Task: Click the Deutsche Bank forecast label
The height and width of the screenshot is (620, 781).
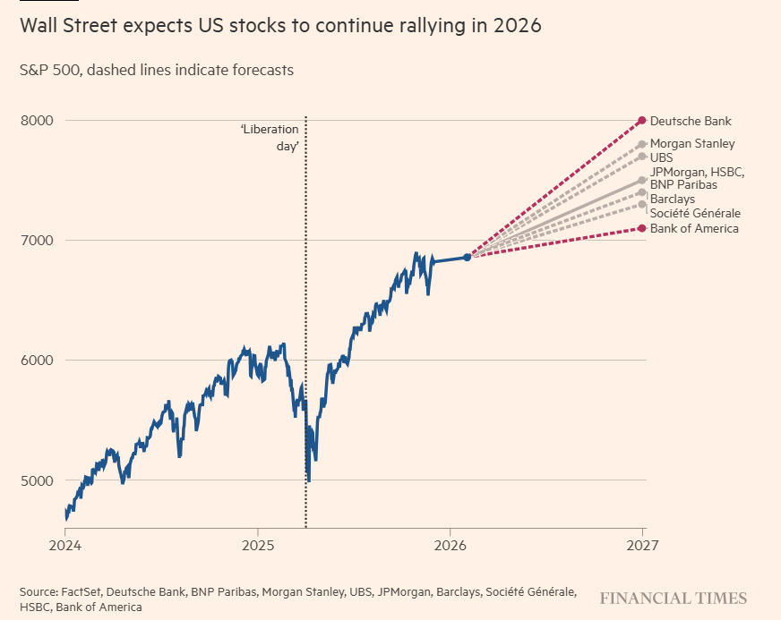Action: tap(691, 121)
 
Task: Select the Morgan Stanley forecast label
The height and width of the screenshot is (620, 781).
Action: tap(692, 143)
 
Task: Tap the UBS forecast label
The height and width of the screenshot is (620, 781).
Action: tap(661, 157)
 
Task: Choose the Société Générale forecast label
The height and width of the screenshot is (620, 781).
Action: tap(695, 213)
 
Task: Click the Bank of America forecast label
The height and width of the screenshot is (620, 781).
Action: tap(694, 228)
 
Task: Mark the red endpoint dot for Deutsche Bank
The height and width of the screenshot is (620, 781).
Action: tap(642, 121)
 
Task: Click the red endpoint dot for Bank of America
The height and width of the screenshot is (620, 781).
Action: tap(642, 228)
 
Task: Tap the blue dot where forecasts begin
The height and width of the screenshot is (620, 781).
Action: tap(468, 258)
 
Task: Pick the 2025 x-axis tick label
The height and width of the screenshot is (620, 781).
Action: tap(258, 544)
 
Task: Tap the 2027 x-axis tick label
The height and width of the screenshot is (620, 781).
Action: tap(642, 544)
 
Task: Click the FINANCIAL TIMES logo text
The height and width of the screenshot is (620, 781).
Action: tap(673, 598)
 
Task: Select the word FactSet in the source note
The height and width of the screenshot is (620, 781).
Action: tap(85, 592)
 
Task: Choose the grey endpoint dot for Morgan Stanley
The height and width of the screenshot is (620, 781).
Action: tap(642, 144)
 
